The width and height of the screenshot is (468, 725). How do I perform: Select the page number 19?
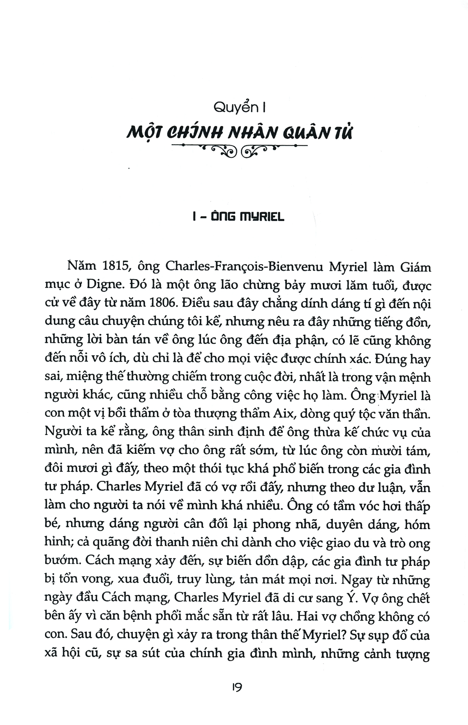(235, 688)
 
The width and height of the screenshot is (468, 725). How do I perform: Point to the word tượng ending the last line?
(412, 652)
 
